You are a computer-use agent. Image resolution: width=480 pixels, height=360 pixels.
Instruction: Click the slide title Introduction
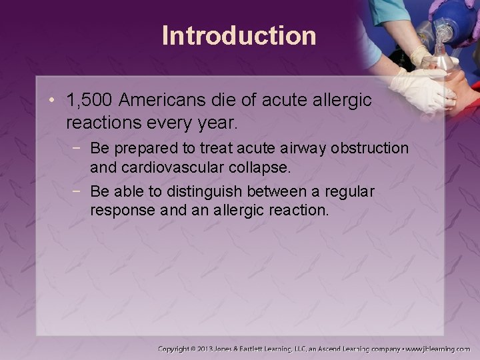239,35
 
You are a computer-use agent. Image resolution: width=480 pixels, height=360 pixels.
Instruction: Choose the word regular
351,193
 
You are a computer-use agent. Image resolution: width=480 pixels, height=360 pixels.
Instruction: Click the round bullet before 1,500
53,101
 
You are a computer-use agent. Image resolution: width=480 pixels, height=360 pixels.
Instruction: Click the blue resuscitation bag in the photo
460,17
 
